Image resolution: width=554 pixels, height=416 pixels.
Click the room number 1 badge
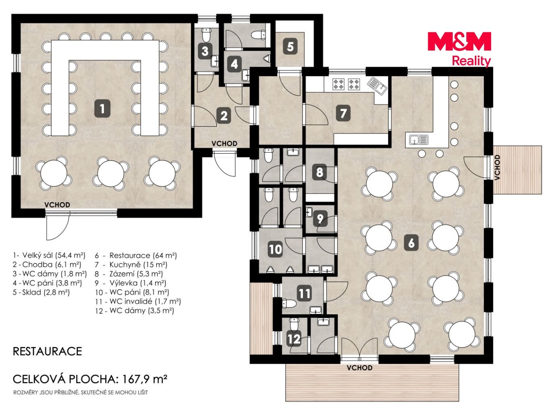[x=102, y=109]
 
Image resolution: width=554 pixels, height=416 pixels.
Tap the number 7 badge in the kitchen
[x=343, y=113]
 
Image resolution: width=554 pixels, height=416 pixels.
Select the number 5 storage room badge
[x=290, y=47]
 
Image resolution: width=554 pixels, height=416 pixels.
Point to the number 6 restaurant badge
[x=411, y=242]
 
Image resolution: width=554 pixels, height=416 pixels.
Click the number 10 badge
[x=275, y=249]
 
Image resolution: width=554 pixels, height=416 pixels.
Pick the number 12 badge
[x=294, y=339]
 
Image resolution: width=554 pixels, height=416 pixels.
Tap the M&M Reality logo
[x=460, y=49]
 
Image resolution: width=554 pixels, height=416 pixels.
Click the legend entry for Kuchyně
[x=131, y=265]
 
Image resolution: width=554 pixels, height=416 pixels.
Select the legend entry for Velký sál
[x=49, y=255]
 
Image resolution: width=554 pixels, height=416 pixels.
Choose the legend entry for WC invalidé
[x=138, y=301]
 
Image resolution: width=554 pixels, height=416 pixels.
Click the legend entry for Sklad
[x=41, y=292]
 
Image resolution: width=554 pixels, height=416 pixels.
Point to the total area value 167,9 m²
[x=145, y=379]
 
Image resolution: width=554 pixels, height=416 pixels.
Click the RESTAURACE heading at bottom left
[x=48, y=351]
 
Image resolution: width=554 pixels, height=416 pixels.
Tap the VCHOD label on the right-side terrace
[x=497, y=167]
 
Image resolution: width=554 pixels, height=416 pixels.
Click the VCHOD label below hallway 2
[x=225, y=144]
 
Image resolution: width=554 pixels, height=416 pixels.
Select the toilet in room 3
[x=206, y=35]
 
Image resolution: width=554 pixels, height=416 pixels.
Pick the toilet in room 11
[x=289, y=303]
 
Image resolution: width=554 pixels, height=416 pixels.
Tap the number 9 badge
[x=320, y=219]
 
